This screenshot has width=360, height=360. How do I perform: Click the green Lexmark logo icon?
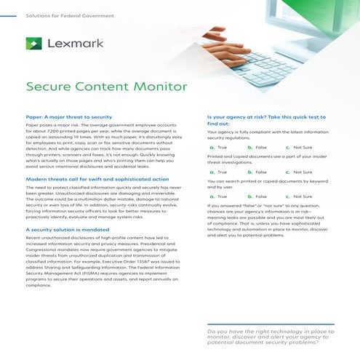[x=33, y=44]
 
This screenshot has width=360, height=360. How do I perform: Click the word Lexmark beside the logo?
[x=70, y=44]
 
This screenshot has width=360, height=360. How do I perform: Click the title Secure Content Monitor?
[x=106, y=86]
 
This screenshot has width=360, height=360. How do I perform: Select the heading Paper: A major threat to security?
[x=69, y=116]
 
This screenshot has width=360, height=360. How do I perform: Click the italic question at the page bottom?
[x=271, y=337]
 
